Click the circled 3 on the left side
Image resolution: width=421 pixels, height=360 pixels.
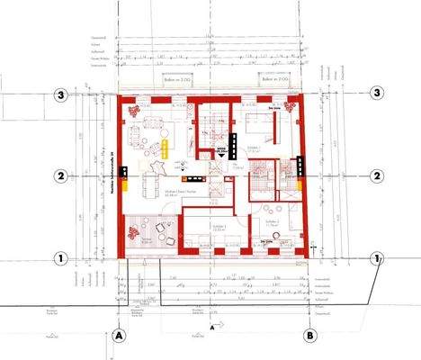[x=60, y=94]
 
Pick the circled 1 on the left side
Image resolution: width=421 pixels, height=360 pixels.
[x=60, y=257]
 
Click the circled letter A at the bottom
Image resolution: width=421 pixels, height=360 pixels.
[x=119, y=335]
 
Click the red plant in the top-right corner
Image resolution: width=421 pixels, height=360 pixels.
[x=291, y=107]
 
